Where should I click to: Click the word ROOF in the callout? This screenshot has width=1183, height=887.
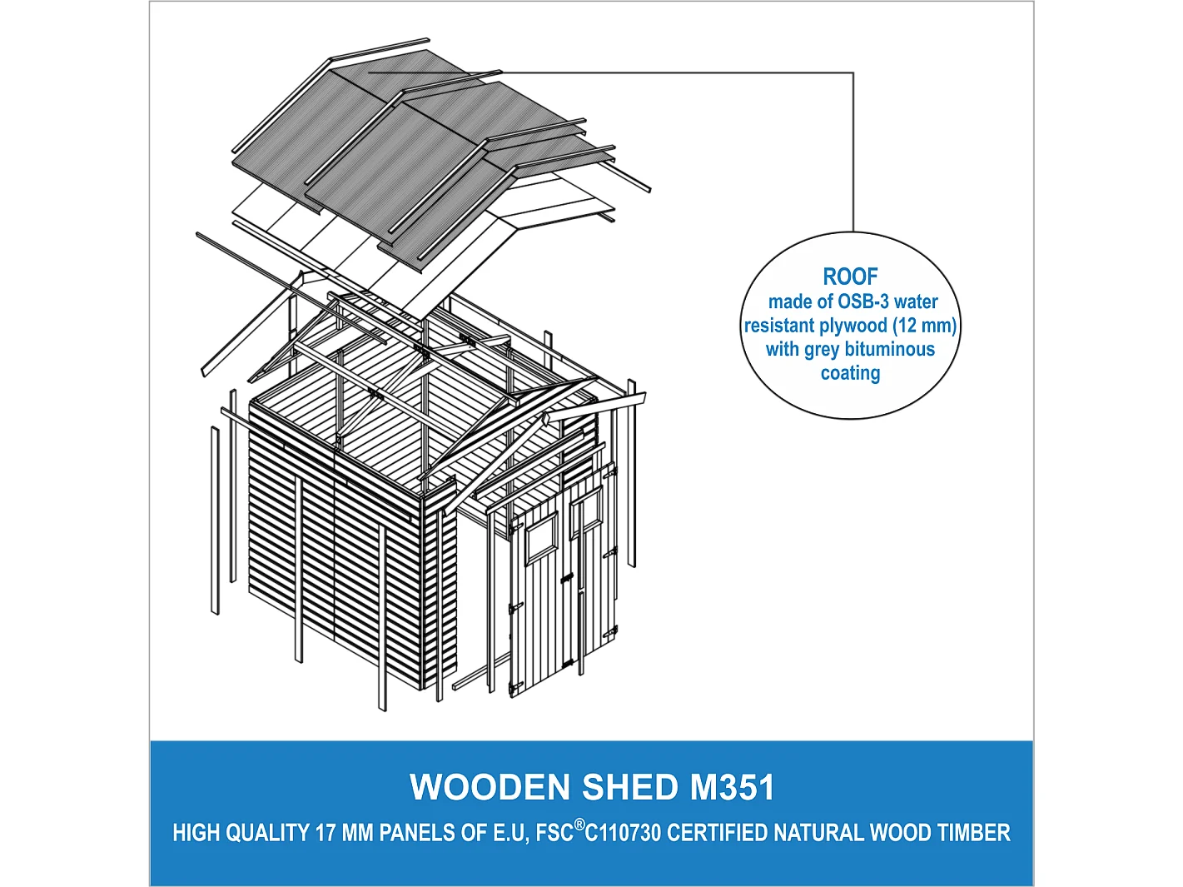point(850,277)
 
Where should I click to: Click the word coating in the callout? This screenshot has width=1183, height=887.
point(850,373)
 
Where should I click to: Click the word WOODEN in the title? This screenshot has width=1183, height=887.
point(490,787)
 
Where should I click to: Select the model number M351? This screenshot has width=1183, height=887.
point(732,787)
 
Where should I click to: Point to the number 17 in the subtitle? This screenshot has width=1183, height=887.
point(325,833)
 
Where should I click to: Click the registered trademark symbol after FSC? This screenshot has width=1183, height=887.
point(579,825)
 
